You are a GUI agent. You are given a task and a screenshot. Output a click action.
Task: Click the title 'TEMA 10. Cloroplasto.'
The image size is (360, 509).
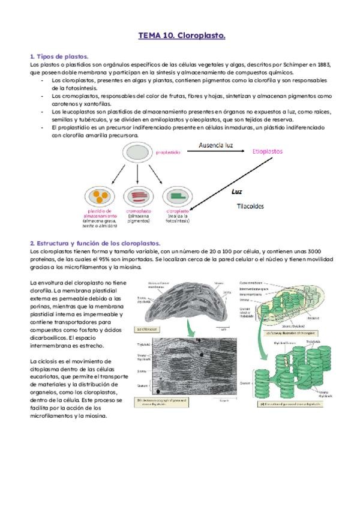pos(182,36)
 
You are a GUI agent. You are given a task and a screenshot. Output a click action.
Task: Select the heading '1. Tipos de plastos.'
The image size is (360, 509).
pos(59,56)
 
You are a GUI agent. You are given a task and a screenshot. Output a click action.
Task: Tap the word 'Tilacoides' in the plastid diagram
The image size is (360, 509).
pos(250,206)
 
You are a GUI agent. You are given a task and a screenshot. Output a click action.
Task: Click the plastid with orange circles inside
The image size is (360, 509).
pos(99,196)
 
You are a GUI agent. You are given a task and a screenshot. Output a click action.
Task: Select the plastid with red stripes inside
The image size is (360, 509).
pos(138,196)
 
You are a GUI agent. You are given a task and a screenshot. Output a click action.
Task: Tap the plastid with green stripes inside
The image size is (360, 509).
pos(178,196)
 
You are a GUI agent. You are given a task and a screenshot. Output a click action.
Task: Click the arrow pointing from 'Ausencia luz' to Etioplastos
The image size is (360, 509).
pos(215,153)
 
